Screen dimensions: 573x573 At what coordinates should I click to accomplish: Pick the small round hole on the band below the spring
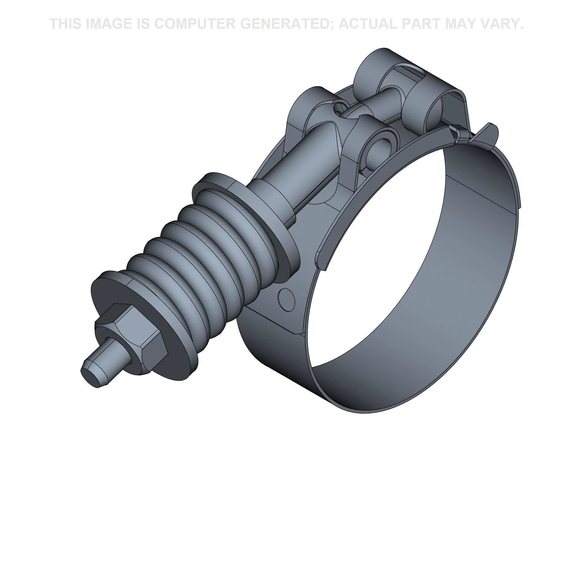point(286,299)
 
